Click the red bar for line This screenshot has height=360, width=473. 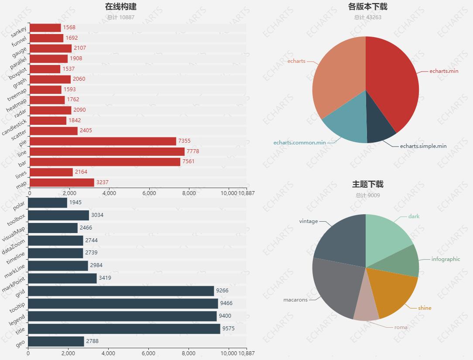[x=107, y=151]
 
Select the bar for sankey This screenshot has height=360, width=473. [x=45, y=27]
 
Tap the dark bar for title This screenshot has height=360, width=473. [x=124, y=329]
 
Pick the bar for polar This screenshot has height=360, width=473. [x=48, y=202]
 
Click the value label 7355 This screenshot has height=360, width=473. [x=184, y=141]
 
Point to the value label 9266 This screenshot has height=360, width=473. [x=222, y=291]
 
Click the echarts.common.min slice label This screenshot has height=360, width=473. [x=299, y=143]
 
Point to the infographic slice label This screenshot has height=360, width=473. [x=446, y=259]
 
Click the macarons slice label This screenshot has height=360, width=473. [x=295, y=300]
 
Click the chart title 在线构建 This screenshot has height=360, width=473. [x=120, y=7]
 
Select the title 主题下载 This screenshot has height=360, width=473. [x=367, y=184]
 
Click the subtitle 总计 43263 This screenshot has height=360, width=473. [x=367, y=17]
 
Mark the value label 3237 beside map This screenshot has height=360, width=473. [x=103, y=182]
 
